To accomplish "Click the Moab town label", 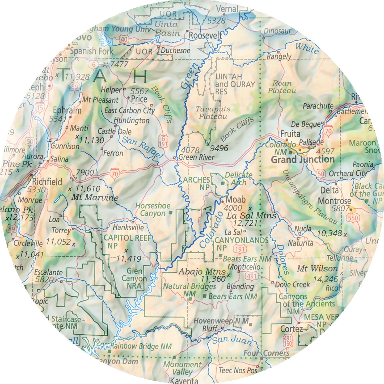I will pos(235,199).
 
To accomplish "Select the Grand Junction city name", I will pos(302,160).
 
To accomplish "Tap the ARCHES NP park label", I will pos(197,184).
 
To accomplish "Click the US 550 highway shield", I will pos(353,218).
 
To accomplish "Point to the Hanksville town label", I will pos(128,227).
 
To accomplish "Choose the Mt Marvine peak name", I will pos(95,198).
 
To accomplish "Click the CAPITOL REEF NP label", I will pos(127,242).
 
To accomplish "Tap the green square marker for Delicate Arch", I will pos(223,183).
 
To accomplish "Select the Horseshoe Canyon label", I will pos(153,209).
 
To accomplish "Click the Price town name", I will pos(139,99).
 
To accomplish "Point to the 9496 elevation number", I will pos(219,148).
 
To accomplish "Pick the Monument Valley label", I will pos(182,368).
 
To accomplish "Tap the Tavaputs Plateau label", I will pos(213,113).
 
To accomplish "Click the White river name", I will pos(307,48).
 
